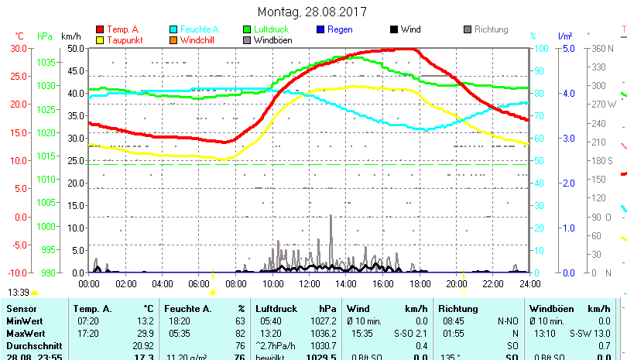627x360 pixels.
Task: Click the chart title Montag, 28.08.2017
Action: [313, 12]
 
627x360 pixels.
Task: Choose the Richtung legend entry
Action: [491, 29]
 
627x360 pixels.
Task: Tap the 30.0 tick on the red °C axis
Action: [17, 48]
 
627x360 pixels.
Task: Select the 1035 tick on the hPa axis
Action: [46, 62]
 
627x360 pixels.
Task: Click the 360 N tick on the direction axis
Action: [603, 48]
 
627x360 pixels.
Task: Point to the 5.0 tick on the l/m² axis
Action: [567, 48]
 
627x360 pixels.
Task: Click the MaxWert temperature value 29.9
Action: [143, 333]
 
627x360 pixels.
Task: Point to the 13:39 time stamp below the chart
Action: [19, 293]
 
